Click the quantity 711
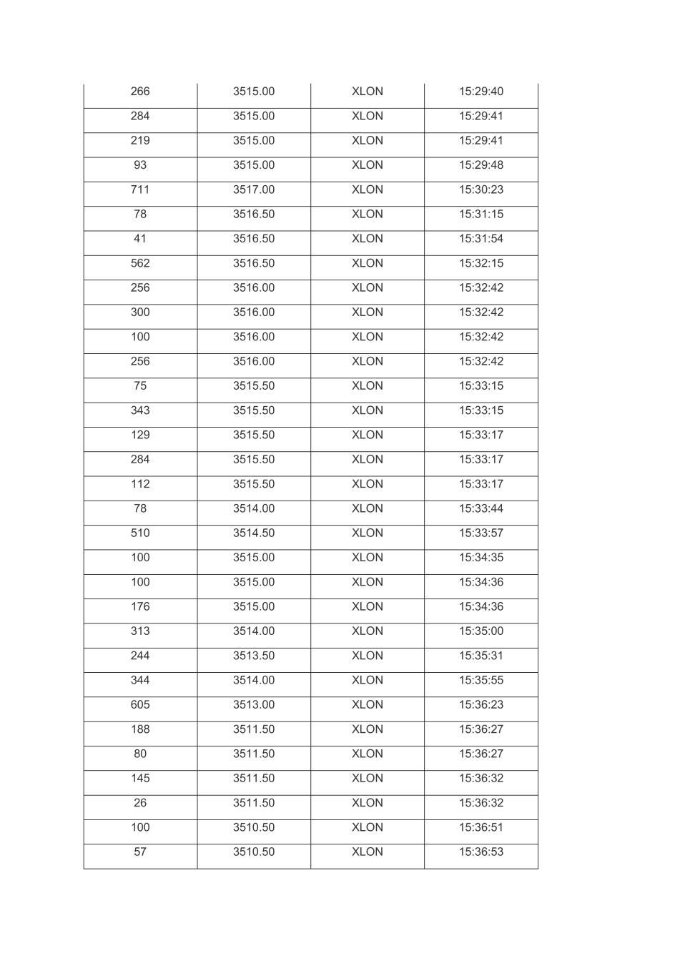pyautogui.click(x=140, y=189)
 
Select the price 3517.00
pyautogui.click(x=253, y=189)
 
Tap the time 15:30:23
pyautogui.click(x=480, y=189)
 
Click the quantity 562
pyautogui.click(x=140, y=263)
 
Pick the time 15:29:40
pyautogui.click(x=480, y=92)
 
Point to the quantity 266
pyautogui.click(x=140, y=92)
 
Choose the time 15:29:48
pyautogui.click(x=480, y=165)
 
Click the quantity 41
pyautogui.click(x=140, y=239)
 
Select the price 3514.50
pyautogui.click(x=253, y=533)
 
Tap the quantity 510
pyautogui.click(x=140, y=533)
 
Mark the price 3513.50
pyautogui.click(x=253, y=656)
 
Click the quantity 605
pyautogui.click(x=140, y=704)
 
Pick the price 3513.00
pyautogui.click(x=253, y=704)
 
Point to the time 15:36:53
pyautogui.click(x=480, y=852)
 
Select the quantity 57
pyautogui.click(x=140, y=852)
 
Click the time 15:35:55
pyautogui.click(x=480, y=680)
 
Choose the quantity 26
pyautogui.click(x=140, y=803)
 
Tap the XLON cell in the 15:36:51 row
pyautogui.click(x=367, y=827)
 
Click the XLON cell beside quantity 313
pyautogui.click(x=367, y=631)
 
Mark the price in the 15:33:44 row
pyautogui.click(x=253, y=508)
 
